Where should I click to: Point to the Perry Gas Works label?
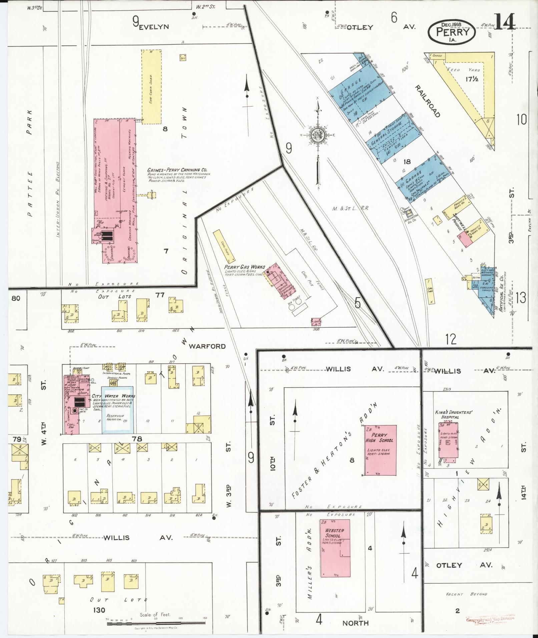pos(244,267)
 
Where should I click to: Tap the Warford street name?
pos(207,346)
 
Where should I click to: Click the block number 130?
pos(99,610)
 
